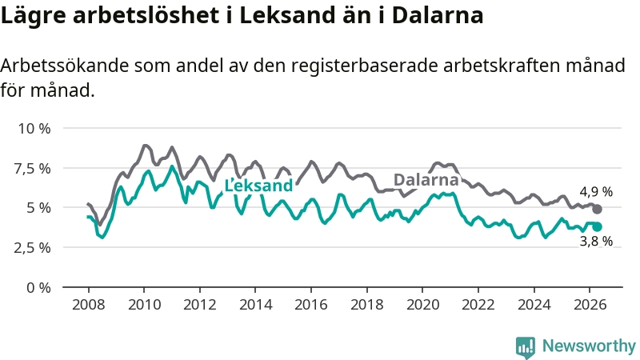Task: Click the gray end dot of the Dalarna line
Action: pyautogui.click(x=597, y=209)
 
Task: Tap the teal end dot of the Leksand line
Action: pyautogui.click(x=597, y=227)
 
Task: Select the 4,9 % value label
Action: pyautogui.click(x=596, y=191)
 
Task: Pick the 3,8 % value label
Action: pyautogui.click(x=596, y=241)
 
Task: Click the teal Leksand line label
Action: pyautogui.click(x=258, y=186)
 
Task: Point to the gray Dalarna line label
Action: pyautogui.click(x=426, y=179)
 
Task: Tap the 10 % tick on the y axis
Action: pyautogui.click(x=34, y=129)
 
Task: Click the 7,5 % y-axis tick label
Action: pyautogui.click(x=32, y=168)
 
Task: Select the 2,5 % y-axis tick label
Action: pyautogui.click(x=32, y=248)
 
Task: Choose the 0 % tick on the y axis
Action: pyautogui.click(x=38, y=288)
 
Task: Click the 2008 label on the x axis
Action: pyautogui.click(x=89, y=305)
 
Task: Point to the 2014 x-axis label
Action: pyautogui.click(x=255, y=305)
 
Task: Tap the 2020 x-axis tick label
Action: pyautogui.click(x=422, y=305)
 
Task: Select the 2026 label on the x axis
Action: pyautogui.click(x=590, y=305)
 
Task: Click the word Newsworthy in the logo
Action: pyautogui.click(x=589, y=346)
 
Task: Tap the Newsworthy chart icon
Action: pyautogui.click(x=526, y=347)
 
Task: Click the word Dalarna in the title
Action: pyautogui.click(x=438, y=15)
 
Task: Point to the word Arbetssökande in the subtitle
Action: pyautogui.click(x=65, y=66)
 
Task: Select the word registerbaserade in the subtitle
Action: pyautogui.click(x=365, y=66)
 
